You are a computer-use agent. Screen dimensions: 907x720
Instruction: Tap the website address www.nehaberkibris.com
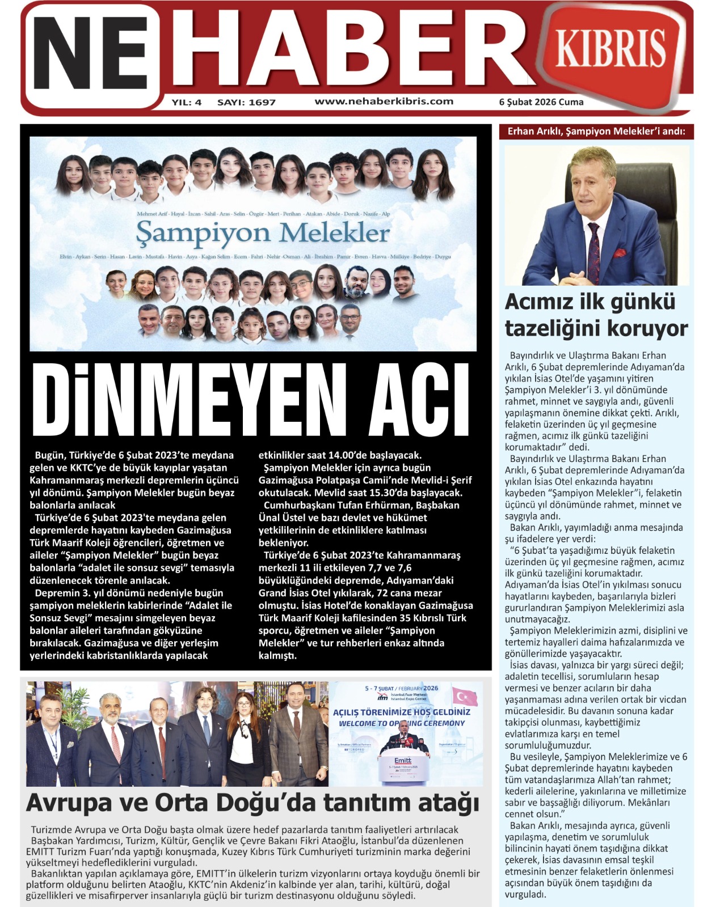click(384, 101)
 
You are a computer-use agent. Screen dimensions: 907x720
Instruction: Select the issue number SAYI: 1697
click(246, 103)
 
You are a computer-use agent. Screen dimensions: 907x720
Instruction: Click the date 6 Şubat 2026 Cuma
click(541, 102)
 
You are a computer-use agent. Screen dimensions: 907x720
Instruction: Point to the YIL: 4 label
click(187, 103)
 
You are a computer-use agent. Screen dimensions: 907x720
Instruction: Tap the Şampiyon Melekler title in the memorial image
click(263, 233)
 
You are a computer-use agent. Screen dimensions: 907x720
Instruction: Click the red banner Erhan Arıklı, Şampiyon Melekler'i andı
click(596, 132)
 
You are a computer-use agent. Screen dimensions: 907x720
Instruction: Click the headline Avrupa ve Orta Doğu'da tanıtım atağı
click(253, 803)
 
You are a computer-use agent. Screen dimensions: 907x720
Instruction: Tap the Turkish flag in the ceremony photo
click(464, 696)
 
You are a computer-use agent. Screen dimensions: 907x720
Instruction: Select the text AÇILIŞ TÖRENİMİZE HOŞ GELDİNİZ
click(401, 712)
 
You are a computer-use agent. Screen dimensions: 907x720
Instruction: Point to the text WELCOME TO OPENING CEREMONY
click(402, 723)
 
